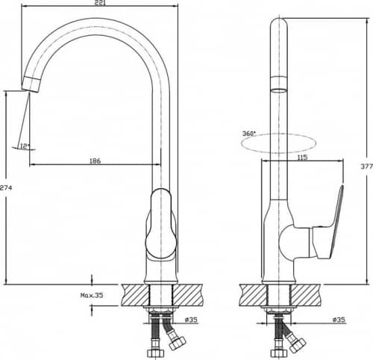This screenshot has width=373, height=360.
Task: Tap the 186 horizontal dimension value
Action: point(95,161)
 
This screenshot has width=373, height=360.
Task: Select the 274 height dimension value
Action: point(6,187)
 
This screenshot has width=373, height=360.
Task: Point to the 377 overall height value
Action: point(367,167)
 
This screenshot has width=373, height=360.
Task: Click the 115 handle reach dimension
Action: point(302,158)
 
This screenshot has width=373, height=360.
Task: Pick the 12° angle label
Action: point(25,146)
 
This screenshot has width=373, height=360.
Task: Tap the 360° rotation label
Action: point(249,134)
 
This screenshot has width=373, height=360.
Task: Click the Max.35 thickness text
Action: point(92,296)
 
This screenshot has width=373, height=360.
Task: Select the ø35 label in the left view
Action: point(191,320)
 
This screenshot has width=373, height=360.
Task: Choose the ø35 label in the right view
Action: point(339,320)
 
